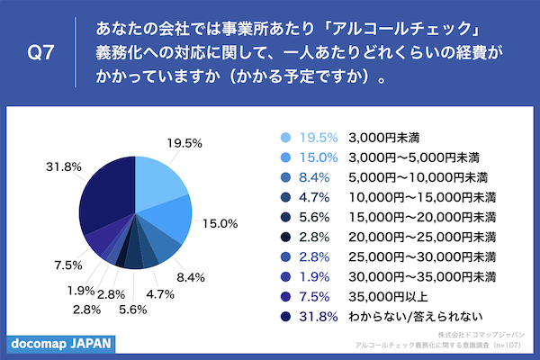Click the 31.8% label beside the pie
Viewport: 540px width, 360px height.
pyautogui.click(x=45, y=166)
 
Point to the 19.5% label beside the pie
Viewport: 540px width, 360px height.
pyautogui.click(x=184, y=143)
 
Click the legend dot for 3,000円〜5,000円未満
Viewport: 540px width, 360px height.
pyautogui.click(x=285, y=157)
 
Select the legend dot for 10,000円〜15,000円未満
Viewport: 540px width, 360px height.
pyautogui.click(x=285, y=197)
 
